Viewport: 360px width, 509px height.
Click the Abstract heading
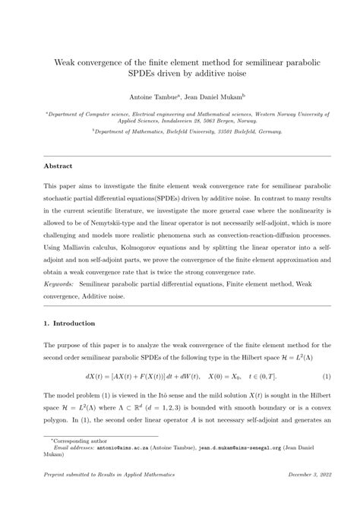click(x=58, y=165)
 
